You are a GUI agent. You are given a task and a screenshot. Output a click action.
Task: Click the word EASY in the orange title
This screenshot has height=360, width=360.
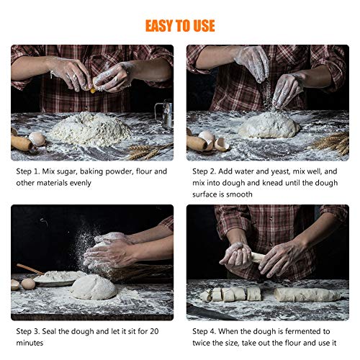[160, 26]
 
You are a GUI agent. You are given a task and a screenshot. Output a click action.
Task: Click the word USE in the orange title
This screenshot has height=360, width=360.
[202, 26]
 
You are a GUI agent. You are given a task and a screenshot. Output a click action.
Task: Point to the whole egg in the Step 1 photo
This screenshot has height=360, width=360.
[37, 138]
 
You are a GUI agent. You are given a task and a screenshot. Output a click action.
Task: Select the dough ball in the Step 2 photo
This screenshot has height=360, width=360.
[269, 126]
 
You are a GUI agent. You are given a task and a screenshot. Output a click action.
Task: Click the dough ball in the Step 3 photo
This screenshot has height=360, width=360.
[93, 287]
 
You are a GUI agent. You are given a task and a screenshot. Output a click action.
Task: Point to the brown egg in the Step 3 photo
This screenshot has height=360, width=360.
[28, 284]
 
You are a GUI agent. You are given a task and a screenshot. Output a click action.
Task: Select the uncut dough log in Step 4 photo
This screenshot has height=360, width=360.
[306, 294]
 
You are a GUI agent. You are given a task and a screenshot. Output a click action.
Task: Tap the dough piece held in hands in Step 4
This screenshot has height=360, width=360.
[253, 256]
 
